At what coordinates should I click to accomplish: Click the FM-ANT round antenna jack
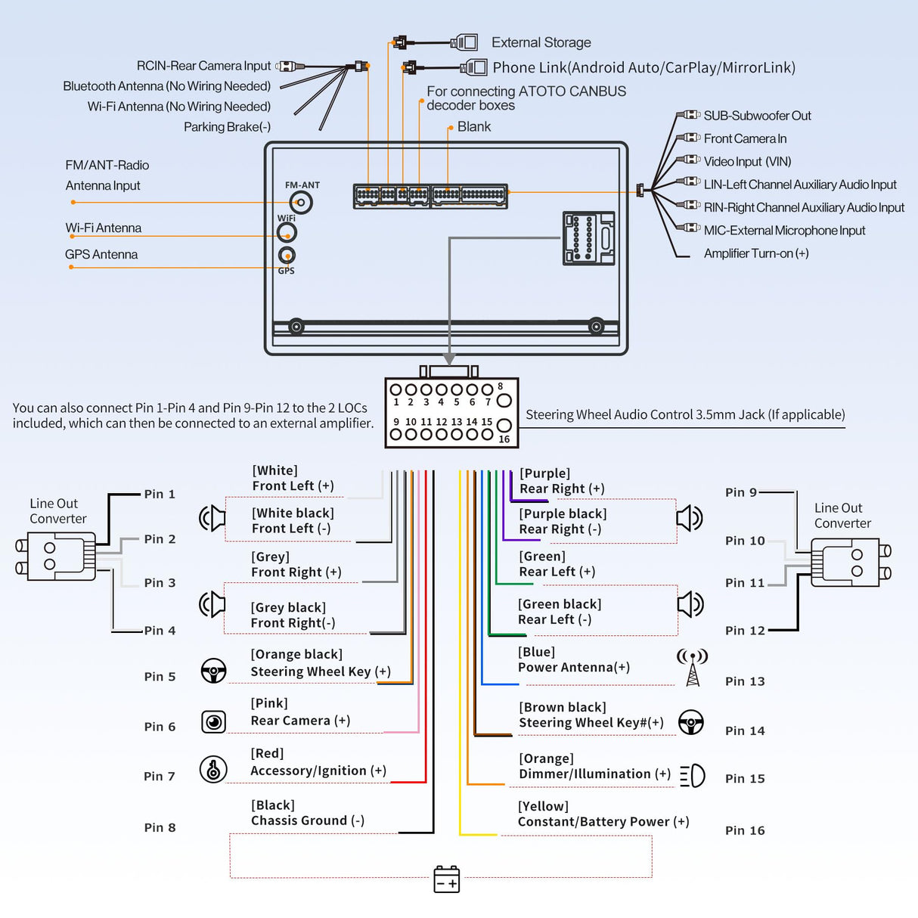point(301,203)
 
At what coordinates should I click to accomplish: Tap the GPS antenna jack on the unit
point(287,255)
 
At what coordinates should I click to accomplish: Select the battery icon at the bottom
point(447,879)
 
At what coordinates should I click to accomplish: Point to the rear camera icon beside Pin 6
point(214,721)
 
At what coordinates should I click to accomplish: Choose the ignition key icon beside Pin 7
point(213,769)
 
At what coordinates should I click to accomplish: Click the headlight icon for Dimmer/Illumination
point(693,775)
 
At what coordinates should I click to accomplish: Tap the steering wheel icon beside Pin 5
point(214,671)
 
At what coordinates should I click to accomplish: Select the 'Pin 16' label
point(745,830)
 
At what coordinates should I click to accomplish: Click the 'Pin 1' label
point(160,494)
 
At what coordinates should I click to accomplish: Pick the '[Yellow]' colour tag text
point(543,806)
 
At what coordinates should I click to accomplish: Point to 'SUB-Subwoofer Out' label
point(757,116)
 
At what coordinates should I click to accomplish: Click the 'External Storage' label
point(541,42)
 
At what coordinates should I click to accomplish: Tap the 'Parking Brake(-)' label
point(227,127)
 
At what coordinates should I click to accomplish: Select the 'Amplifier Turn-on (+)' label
point(756,253)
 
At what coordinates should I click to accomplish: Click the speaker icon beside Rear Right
point(690,518)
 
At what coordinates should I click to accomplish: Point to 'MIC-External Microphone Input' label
point(784,231)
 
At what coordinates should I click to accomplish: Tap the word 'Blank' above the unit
point(474,127)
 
